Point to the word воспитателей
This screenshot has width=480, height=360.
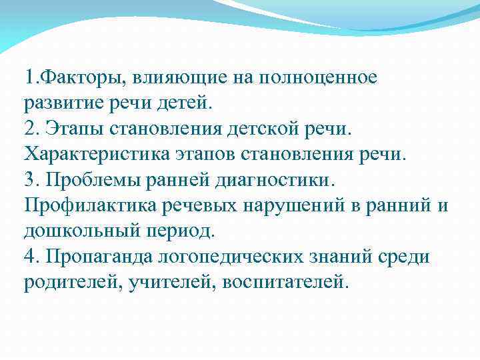[x=285, y=282]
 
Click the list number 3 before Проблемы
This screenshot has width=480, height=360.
[x=29, y=180]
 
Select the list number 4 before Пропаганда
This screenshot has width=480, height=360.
[x=29, y=257]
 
